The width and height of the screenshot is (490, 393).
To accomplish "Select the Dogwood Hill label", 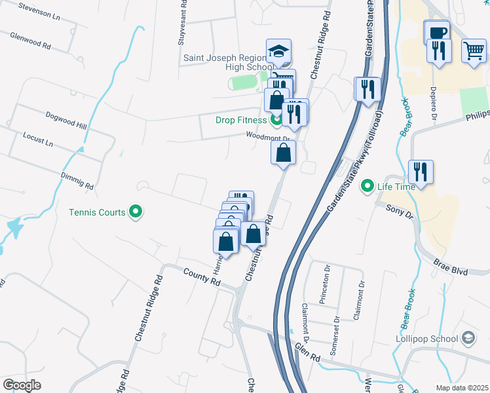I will coord(66,120).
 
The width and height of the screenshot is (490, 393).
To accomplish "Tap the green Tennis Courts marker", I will coord(136,212).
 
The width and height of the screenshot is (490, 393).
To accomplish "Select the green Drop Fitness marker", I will coord(276,120).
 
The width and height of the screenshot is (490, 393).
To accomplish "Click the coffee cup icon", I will coord(436,31).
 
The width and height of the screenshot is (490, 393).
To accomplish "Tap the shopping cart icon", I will coord(474,50).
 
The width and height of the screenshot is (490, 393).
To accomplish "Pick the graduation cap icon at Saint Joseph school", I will coord(278,50).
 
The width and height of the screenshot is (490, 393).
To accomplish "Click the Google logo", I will coord(22,385).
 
